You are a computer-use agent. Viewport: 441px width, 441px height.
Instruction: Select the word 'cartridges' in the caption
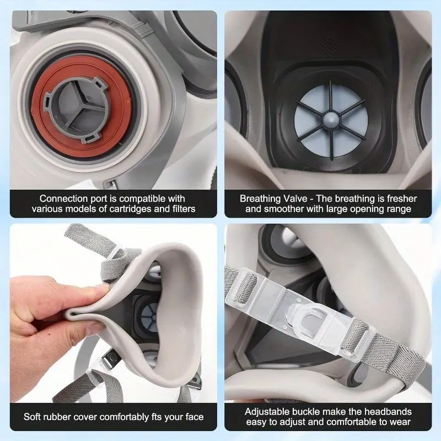(x=131, y=209)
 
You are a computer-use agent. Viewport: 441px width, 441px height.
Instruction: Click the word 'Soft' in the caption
(x=32, y=417)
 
